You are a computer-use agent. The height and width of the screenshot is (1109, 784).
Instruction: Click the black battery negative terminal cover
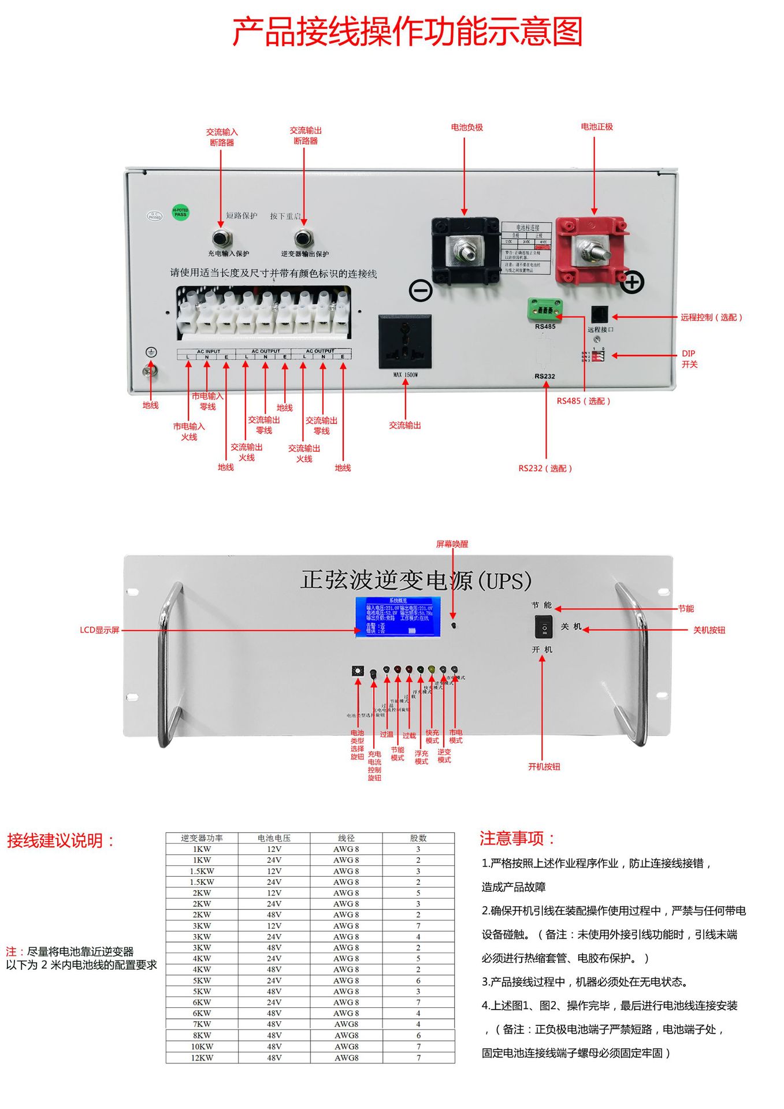[x=465, y=250]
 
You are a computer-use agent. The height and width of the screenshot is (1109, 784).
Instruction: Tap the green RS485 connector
[x=545, y=310]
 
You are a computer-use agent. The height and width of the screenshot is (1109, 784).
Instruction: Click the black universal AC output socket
[x=405, y=341]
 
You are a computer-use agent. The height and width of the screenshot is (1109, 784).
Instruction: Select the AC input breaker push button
[x=220, y=237]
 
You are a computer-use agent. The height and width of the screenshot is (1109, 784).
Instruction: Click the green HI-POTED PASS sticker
[x=180, y=213]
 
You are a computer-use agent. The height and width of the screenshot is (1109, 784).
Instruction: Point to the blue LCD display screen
[x=398, y=616]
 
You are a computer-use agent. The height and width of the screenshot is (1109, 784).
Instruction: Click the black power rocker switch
[x=544, y=627]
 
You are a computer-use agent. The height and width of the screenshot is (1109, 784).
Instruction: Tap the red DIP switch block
[x=598, y=356]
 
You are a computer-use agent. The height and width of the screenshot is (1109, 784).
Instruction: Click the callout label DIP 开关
[x=689, y=359]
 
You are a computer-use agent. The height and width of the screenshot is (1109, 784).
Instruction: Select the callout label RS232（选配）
[x=545, y=468]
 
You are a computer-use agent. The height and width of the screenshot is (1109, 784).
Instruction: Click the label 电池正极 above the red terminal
[x=597, y=126]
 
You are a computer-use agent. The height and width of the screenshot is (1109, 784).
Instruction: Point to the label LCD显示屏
[x=99, y=630]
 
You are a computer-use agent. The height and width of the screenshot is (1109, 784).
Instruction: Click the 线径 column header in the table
[x=346, y=838]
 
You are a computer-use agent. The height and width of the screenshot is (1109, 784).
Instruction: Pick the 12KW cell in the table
[x=202, y=1058]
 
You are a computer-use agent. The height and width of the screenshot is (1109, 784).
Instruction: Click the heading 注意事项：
[x=517, y=838]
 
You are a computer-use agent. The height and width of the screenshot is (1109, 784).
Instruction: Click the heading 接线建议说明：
[x=61, y=840]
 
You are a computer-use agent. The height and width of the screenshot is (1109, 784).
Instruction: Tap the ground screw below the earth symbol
[x=150, y=371]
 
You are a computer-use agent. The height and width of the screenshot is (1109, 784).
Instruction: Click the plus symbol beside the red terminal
[x=632, y=282]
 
